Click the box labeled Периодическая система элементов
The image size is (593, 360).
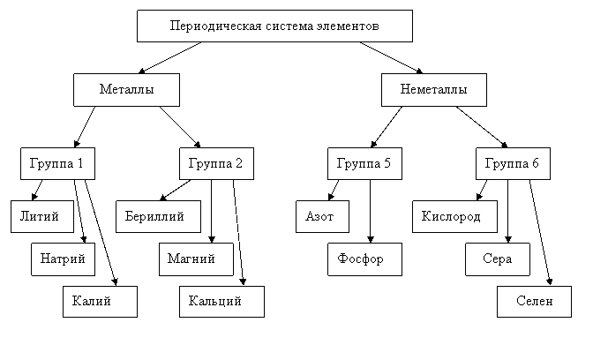[x=274, y=26]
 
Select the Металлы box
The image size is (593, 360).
[x=126, y=90]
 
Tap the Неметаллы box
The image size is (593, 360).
[x=434, y=90]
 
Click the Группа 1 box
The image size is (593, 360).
[x=57, y=164]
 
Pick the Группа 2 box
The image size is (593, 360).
[x=216, y=164]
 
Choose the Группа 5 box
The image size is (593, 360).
[x=364, y=164]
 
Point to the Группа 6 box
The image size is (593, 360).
[x=513, y=164]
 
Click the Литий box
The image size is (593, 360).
[x=42, y=217]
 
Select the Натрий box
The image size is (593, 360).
[x=63, y=259]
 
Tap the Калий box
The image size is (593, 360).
[x=100, y=302]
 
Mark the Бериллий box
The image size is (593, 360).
[x=158, y=217]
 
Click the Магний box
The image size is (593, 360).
[x=196, y=259]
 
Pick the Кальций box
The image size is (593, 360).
[x=221, y=302]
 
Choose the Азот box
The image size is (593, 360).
[x=322, y=217]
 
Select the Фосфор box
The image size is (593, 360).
[x=364, y=259]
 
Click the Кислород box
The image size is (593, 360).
[x=454, y=217]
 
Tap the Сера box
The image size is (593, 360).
[x=498, y=259]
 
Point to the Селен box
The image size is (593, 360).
[x=534, y=302]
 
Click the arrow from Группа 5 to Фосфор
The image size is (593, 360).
[x=371, y=212]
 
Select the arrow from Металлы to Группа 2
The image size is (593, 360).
[x=180, y=127]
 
